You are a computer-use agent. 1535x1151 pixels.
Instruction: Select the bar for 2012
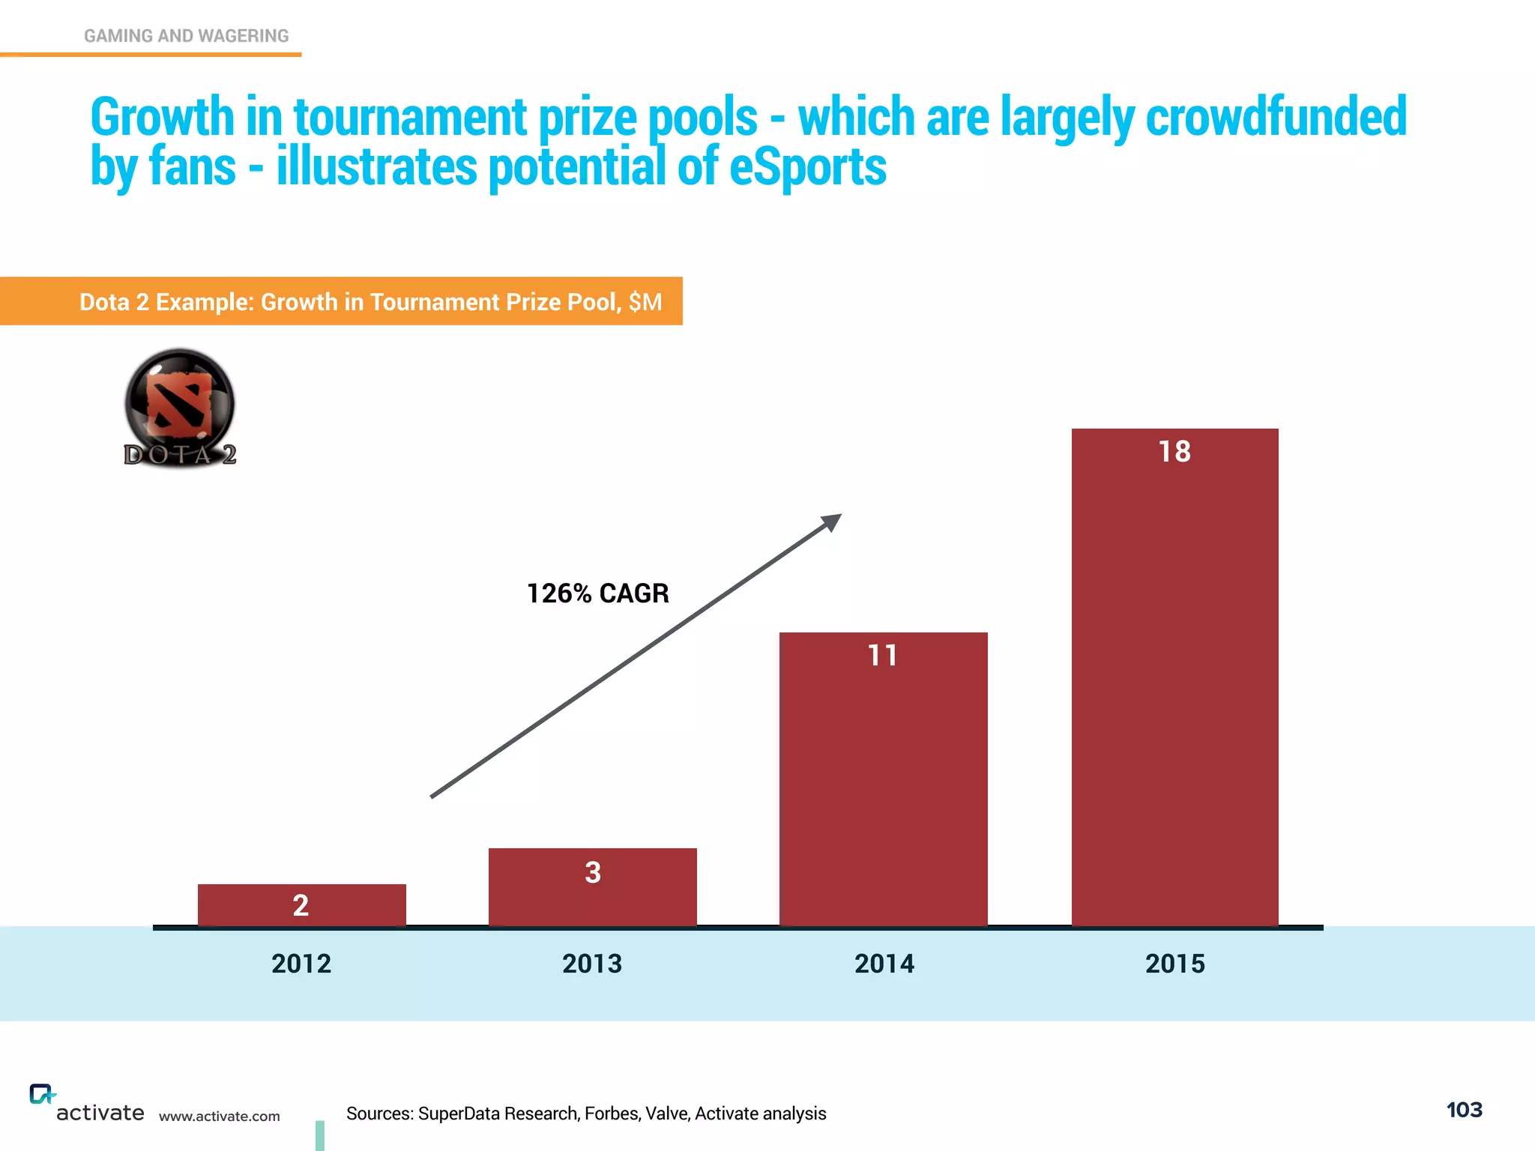point(301,905)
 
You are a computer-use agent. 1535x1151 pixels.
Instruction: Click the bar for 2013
point(592,888)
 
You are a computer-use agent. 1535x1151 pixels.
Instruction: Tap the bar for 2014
point(883,779)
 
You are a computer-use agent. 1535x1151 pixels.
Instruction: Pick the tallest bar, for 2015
point(1174,678)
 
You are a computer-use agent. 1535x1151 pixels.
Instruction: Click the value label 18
point(1174,452)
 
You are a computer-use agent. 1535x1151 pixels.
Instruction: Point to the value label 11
point(882,656)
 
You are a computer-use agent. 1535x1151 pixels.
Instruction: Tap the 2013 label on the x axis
point(592,964)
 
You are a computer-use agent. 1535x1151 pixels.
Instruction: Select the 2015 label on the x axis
point(1174,964)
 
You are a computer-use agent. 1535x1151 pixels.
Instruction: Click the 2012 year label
point(301,964)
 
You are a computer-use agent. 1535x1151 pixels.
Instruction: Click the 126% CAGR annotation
point(597,593)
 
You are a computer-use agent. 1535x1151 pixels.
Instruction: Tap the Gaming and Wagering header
point(186,36)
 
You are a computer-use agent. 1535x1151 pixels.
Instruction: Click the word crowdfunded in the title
point(1276,118)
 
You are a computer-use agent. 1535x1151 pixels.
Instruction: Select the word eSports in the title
point(807,167)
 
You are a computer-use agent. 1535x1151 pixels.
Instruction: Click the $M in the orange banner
point(645,302)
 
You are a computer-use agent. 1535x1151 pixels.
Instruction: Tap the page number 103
point(1464,1110)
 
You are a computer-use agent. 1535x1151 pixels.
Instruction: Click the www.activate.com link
point(219,1117)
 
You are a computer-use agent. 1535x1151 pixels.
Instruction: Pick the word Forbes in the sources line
point(608,1114)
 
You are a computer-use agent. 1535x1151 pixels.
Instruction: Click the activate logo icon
point(41,1094)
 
